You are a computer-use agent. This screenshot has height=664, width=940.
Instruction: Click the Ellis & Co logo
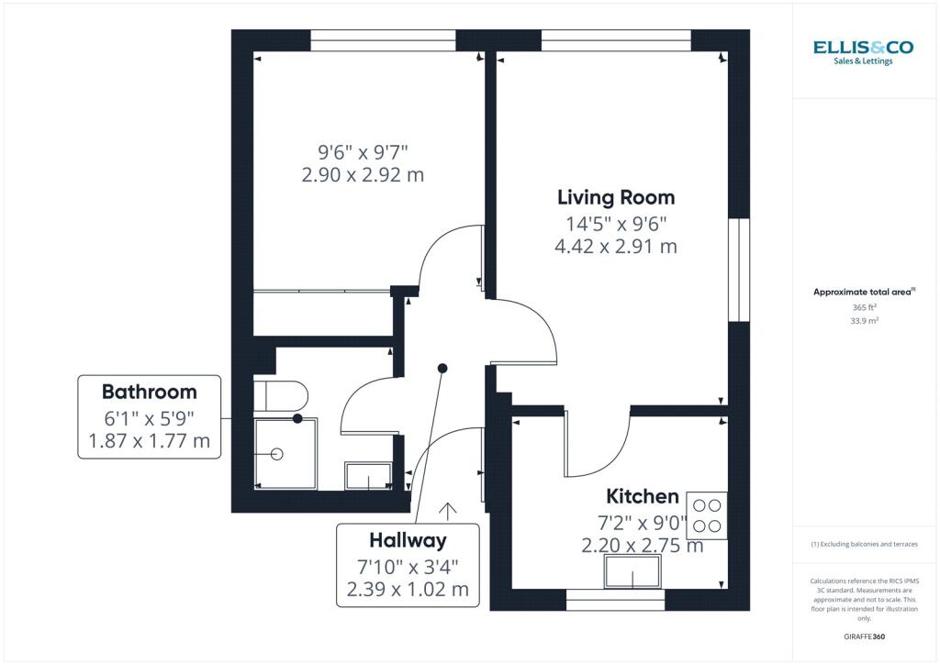863,51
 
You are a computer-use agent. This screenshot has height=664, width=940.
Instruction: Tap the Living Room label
616,197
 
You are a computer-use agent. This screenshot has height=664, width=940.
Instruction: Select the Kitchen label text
643,496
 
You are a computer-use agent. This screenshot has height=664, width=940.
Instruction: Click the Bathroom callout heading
149,392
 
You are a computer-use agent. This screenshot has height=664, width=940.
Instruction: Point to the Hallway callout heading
408,539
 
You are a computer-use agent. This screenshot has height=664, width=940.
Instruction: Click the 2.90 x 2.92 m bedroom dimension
363,174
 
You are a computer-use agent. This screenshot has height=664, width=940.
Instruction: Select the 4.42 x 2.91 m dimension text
616,246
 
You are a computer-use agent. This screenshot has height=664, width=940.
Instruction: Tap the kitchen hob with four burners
707,515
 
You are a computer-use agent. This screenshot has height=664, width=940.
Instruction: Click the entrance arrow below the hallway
449,510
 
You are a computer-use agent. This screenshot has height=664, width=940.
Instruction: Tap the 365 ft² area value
864,308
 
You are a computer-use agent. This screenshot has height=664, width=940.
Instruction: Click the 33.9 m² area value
864,321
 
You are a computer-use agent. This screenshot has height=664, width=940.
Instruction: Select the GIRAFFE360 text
864,636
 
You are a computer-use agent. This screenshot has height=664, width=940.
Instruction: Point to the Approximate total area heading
864,292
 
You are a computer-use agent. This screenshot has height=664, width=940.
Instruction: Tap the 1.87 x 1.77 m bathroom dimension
149,442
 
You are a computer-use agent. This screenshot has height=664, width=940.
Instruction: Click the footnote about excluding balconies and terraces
864,544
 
